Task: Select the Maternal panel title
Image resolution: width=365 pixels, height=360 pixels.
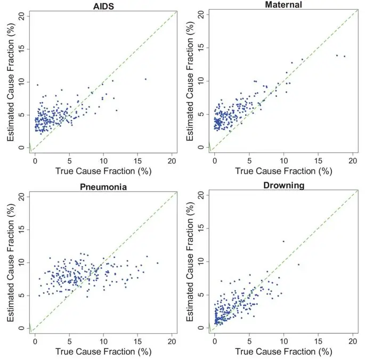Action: tap(282, 5)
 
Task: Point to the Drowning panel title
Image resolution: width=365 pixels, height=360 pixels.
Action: tap(283, 186)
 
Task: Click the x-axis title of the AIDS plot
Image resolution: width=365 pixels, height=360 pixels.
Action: tap(103, 171)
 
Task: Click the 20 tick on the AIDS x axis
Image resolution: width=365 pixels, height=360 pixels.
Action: tap(172, 159)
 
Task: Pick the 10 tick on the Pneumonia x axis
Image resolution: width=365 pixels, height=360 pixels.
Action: tap(103, 340)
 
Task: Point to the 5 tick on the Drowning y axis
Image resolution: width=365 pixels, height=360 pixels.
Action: tap(201, 294)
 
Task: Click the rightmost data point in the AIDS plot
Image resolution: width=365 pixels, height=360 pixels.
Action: tap(145, 79)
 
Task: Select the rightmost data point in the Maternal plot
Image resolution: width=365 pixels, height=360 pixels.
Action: tap(344, 56)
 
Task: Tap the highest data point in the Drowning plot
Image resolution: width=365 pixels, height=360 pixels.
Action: tap(283, 241)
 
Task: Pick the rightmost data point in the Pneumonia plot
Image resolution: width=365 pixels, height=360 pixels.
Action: tap(157, 263)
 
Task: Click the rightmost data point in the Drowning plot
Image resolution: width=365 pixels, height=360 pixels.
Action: tap(298, 264)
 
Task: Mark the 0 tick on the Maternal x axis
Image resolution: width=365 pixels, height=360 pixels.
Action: tap(215, 159)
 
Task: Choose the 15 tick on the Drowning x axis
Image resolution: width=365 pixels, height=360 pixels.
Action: tap(318, 340)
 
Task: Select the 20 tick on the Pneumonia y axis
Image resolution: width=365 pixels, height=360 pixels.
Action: tap(21, 197)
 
